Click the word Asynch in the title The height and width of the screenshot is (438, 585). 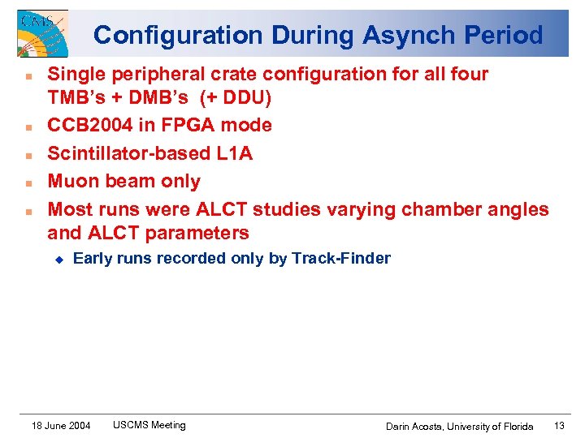coord(394,36)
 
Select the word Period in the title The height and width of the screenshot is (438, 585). coord(503,36)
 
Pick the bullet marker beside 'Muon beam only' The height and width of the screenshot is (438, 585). coord(28,182)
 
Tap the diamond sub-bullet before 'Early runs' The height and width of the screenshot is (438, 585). coord(58,259)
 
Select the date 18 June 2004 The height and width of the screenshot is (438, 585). coord(61,426)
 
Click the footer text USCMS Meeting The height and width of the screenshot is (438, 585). coord(149,425)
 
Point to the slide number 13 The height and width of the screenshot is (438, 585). coord(559,426)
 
